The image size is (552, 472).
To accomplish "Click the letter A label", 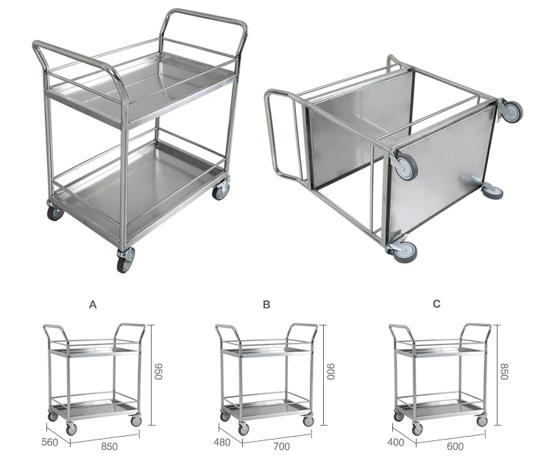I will (93, 303).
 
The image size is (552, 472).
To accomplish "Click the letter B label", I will (266, 303).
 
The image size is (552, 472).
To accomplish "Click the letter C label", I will (437, 303).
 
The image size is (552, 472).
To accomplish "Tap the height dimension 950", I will (158, 373).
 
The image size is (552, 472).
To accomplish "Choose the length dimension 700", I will (280, 446).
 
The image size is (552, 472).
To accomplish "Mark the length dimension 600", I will (454, 446).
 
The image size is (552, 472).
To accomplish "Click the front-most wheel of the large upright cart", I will (124, 259).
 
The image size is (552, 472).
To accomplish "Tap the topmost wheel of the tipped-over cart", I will (510, 111).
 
